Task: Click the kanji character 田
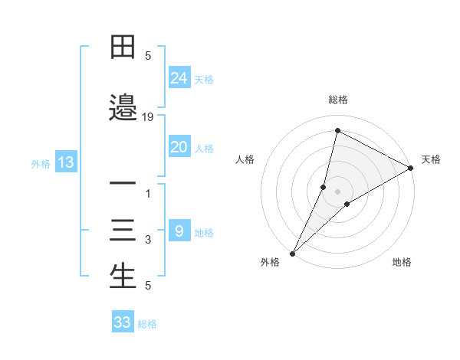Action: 123,48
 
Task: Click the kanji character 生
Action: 123,277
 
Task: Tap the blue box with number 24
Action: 179,77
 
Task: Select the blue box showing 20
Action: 179,147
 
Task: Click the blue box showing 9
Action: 179,231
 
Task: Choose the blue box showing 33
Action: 123,322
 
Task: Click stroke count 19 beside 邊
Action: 148,117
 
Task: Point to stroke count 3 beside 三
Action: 148,240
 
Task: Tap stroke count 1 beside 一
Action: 148,194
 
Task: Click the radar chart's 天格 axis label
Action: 431,159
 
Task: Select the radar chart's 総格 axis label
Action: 338,100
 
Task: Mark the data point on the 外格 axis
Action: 292,253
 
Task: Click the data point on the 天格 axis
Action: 411,168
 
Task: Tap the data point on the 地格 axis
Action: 347,204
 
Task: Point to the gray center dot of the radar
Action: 338,191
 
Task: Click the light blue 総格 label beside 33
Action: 147,323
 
